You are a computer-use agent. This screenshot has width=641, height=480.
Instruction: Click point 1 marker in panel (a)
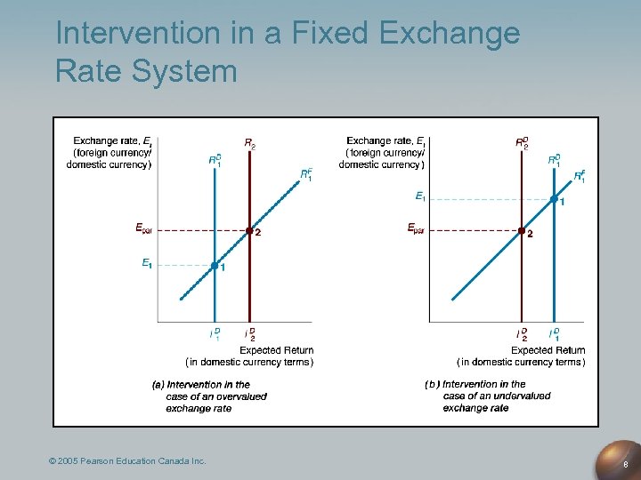tap(215, 265)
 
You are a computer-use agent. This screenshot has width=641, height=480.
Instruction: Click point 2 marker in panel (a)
tap(249, 231)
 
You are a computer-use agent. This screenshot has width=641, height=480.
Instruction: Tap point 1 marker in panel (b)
tap(554, 199)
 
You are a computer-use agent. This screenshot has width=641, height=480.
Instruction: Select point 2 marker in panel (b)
tap(522, 231)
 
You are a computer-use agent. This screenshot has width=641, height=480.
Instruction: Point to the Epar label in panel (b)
tap(416, 228)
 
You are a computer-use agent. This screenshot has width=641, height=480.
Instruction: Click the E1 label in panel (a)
tap(146, 263)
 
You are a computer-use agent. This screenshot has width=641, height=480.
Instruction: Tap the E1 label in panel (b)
tap(420, 196)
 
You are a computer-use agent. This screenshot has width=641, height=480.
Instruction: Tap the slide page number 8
tap(627, 463)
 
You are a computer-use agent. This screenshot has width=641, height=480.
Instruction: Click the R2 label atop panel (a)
tap(250, 143)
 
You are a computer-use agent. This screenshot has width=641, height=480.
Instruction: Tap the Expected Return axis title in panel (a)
tap(272, 350)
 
